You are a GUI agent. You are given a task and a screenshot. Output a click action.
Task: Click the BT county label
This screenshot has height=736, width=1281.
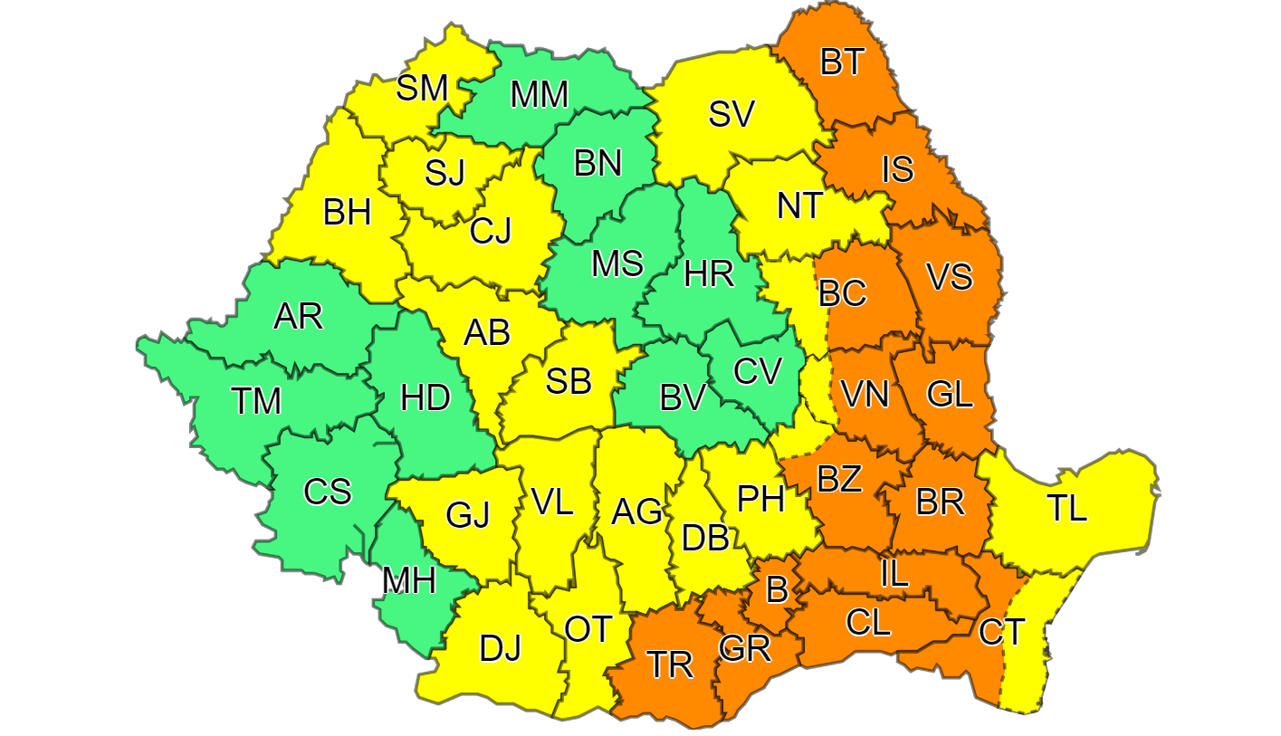tap(843, 62)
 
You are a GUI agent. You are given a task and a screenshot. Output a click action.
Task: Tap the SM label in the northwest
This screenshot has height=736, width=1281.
tap(423, 89)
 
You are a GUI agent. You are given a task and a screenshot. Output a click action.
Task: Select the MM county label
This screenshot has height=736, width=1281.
tap(539, 95)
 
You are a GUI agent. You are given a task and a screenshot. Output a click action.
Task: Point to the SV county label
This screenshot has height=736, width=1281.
tap(731, 114)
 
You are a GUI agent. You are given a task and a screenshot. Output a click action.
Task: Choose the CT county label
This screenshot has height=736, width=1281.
tap(1001, 632)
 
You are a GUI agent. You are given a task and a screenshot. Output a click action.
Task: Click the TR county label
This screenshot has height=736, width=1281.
tap(669, 665)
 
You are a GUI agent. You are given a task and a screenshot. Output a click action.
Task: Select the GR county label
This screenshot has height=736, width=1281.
tap(744, 649)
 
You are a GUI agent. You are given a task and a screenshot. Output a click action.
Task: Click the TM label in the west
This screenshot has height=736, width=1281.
tap(256, 400)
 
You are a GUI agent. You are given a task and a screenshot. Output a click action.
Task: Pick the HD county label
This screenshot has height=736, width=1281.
tap(425, 397)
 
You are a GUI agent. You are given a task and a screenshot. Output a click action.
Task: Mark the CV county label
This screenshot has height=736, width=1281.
tap(756, 371)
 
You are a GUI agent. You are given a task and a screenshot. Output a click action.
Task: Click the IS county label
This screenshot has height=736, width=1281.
tap(897, 169)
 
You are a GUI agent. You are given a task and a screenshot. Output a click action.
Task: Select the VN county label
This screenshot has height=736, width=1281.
tap(864, 395)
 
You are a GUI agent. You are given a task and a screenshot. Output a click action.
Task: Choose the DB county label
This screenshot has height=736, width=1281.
tap(705, 539)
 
